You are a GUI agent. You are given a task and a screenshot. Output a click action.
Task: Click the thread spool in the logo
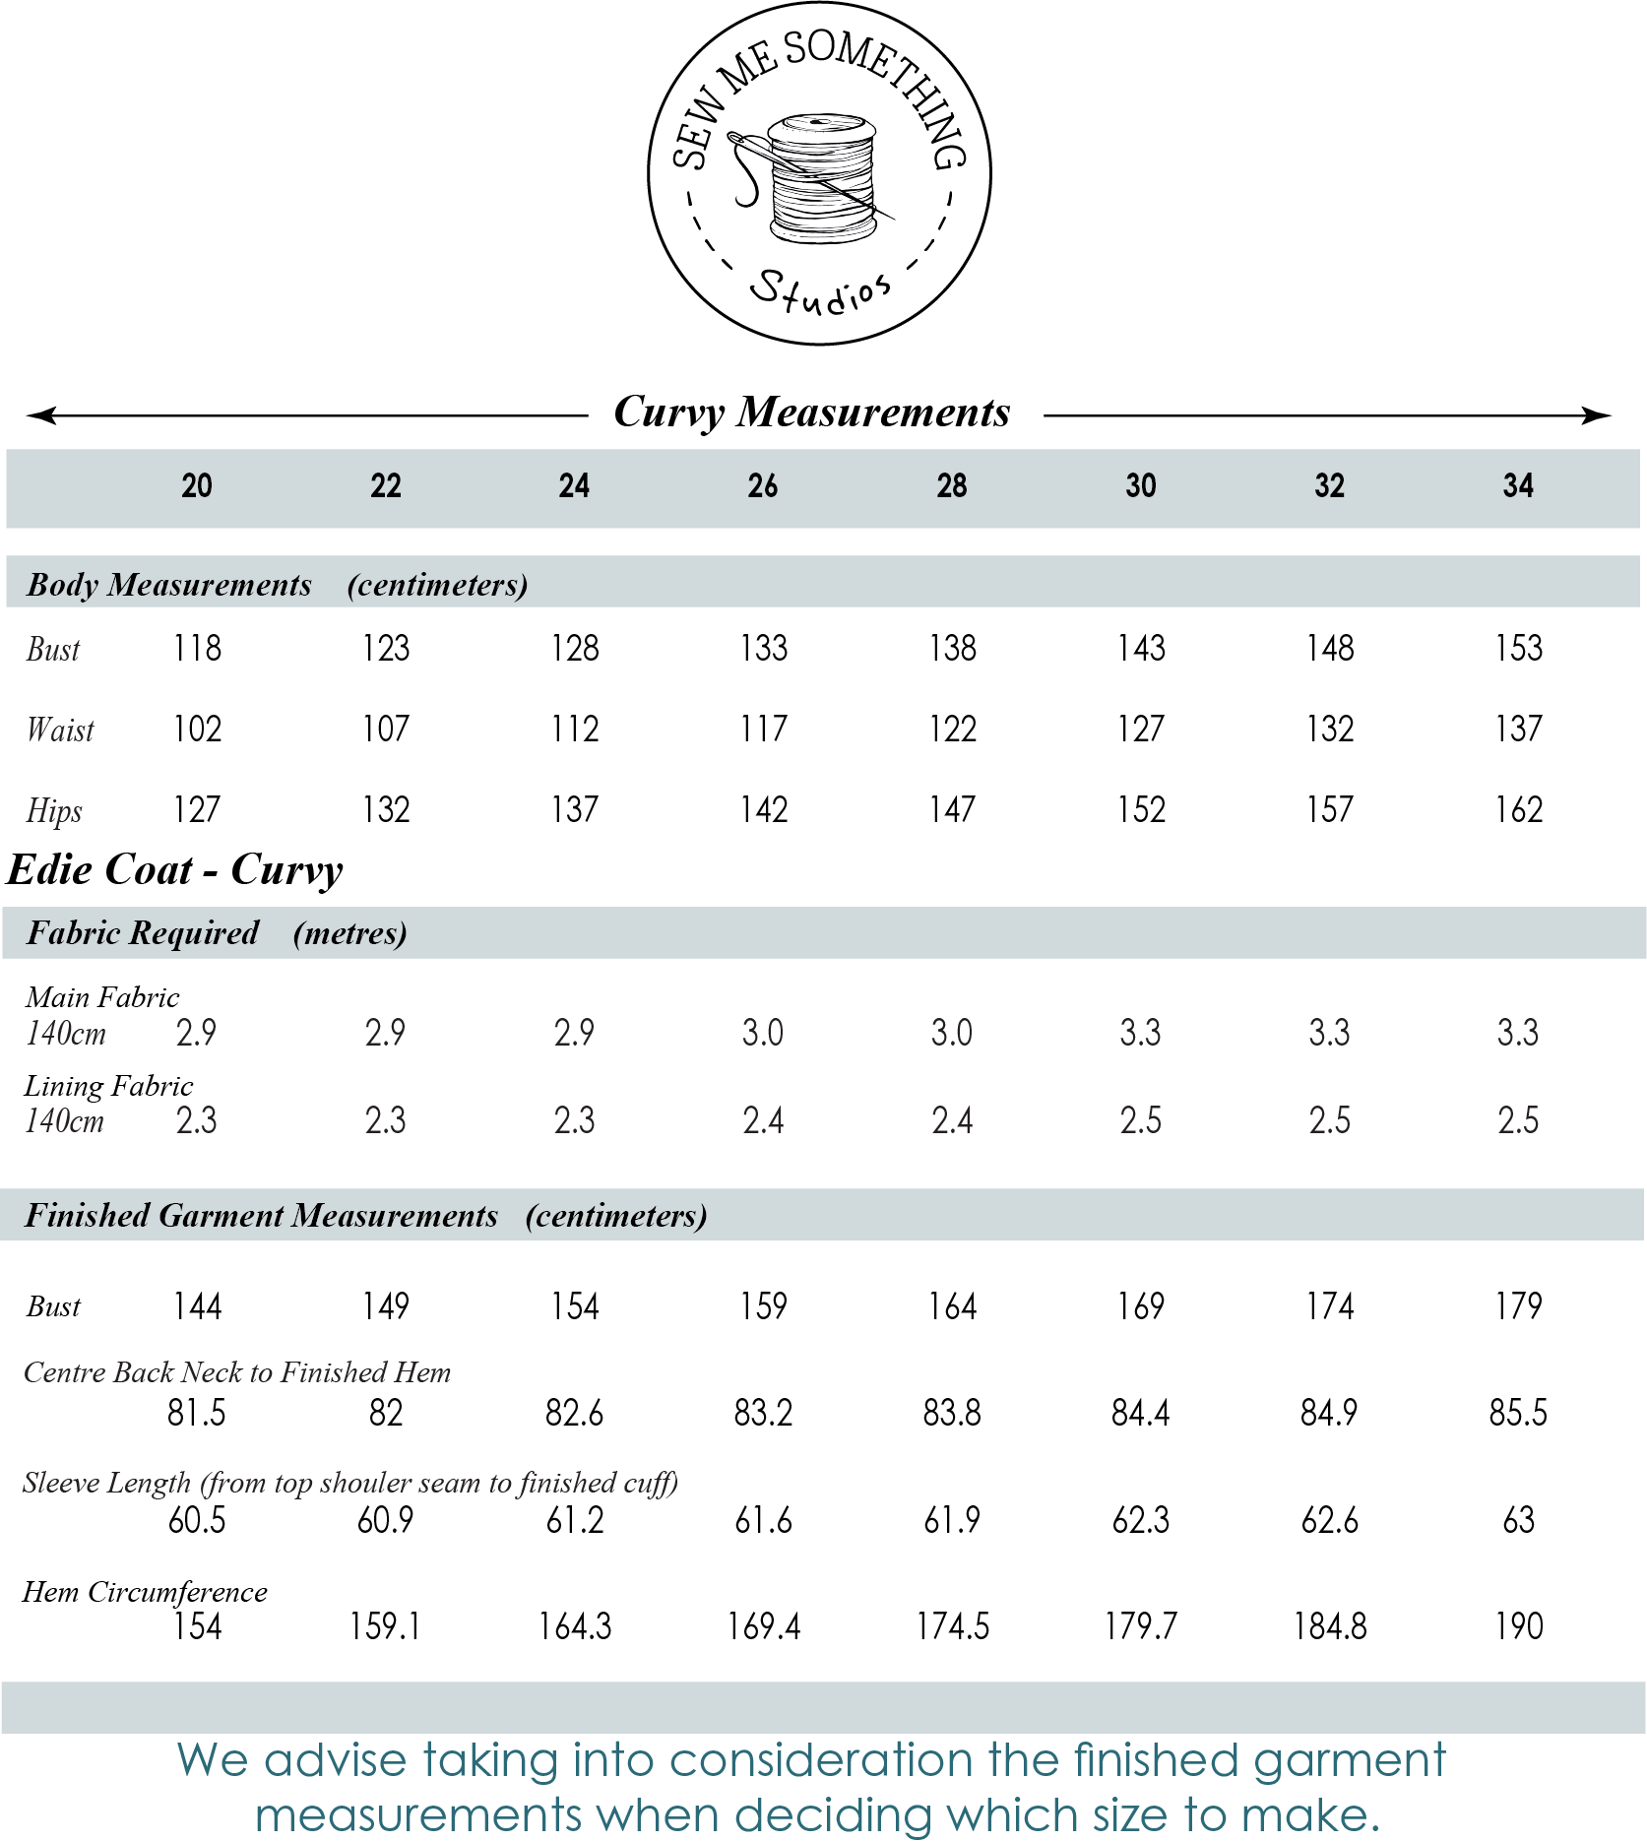tap(822, 178)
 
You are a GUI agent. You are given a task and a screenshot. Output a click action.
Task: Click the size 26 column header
tap(763, 485)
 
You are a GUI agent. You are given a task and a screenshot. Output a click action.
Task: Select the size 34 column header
tap(1518, 485)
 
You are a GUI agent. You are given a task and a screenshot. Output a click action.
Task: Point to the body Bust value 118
tap(197, 649)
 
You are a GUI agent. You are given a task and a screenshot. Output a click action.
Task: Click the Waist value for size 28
tap(952, 730)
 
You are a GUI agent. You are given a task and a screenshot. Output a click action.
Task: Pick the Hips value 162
tap(1518, 810)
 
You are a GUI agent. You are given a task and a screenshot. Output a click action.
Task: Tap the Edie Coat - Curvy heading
tap(175, 870)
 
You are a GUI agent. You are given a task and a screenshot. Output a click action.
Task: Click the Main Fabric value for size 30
tap(1140, 1033)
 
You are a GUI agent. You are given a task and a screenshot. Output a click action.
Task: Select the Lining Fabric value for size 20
tap(197, 1120)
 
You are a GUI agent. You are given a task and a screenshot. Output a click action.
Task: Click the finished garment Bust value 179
tap(1518, 1306)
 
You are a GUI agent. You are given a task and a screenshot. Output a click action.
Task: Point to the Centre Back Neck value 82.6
tap(574, 1414)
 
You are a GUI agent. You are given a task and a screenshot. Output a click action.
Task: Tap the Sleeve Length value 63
tap(1518, 1521)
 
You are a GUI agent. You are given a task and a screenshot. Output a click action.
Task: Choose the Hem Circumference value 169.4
tap(763, 1626)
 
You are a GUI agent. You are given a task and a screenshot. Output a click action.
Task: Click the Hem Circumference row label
tap(145, 1592)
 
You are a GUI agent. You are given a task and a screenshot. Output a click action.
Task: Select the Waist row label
tap(60, 730)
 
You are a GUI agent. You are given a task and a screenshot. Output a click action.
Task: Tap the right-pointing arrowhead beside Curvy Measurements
tap(1597, 415)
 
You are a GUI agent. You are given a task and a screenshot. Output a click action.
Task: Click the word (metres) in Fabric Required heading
tap(349, 933)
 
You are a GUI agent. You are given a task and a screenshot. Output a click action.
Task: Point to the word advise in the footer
tap(336, 1760)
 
